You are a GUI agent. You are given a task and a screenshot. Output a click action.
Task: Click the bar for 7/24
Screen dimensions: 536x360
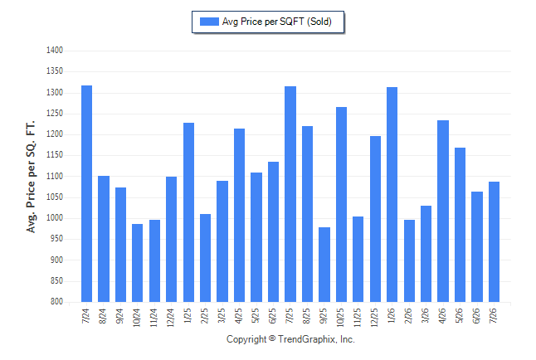[86, 193]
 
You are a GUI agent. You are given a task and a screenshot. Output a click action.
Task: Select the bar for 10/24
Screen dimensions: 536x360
[138, 263]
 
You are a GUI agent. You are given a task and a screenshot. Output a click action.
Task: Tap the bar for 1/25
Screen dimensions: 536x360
[188, 212]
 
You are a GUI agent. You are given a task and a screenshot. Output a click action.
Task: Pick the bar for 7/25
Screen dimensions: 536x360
[290, 194]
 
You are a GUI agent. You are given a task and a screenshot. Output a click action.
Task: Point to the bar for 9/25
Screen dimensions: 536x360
[324, 265]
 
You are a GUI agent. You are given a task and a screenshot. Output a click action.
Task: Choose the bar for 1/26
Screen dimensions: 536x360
[392, 195]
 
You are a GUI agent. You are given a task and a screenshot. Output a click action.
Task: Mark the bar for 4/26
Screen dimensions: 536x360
[443, 211]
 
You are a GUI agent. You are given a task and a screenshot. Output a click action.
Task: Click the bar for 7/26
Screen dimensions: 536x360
[494, 241]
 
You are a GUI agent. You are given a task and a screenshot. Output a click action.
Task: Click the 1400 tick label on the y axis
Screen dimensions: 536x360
[55, 51]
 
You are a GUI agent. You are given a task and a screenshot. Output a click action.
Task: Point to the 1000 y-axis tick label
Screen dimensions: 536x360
[55, 218]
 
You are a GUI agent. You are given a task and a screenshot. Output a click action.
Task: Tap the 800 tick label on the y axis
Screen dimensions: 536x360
[56, 302]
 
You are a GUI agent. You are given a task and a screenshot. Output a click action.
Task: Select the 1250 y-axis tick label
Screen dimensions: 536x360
[55, 113]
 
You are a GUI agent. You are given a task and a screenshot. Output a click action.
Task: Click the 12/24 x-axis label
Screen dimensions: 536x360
[171, 318]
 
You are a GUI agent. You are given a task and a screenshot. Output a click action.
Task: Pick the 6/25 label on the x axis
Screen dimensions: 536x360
[272, 316]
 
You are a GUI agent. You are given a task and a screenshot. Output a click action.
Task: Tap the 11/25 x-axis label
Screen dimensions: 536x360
[358, 318]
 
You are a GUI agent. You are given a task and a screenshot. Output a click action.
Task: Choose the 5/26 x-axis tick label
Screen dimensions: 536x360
[459, 316]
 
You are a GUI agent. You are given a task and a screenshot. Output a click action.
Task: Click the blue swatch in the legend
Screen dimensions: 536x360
[209, 22]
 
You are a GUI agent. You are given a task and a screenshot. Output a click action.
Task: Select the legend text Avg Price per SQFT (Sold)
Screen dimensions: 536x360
[277, 22]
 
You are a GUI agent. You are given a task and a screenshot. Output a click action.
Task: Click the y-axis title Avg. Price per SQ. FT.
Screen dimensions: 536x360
[31, 177]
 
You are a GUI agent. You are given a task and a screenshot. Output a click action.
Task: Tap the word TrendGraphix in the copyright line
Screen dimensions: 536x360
[307, 339]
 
